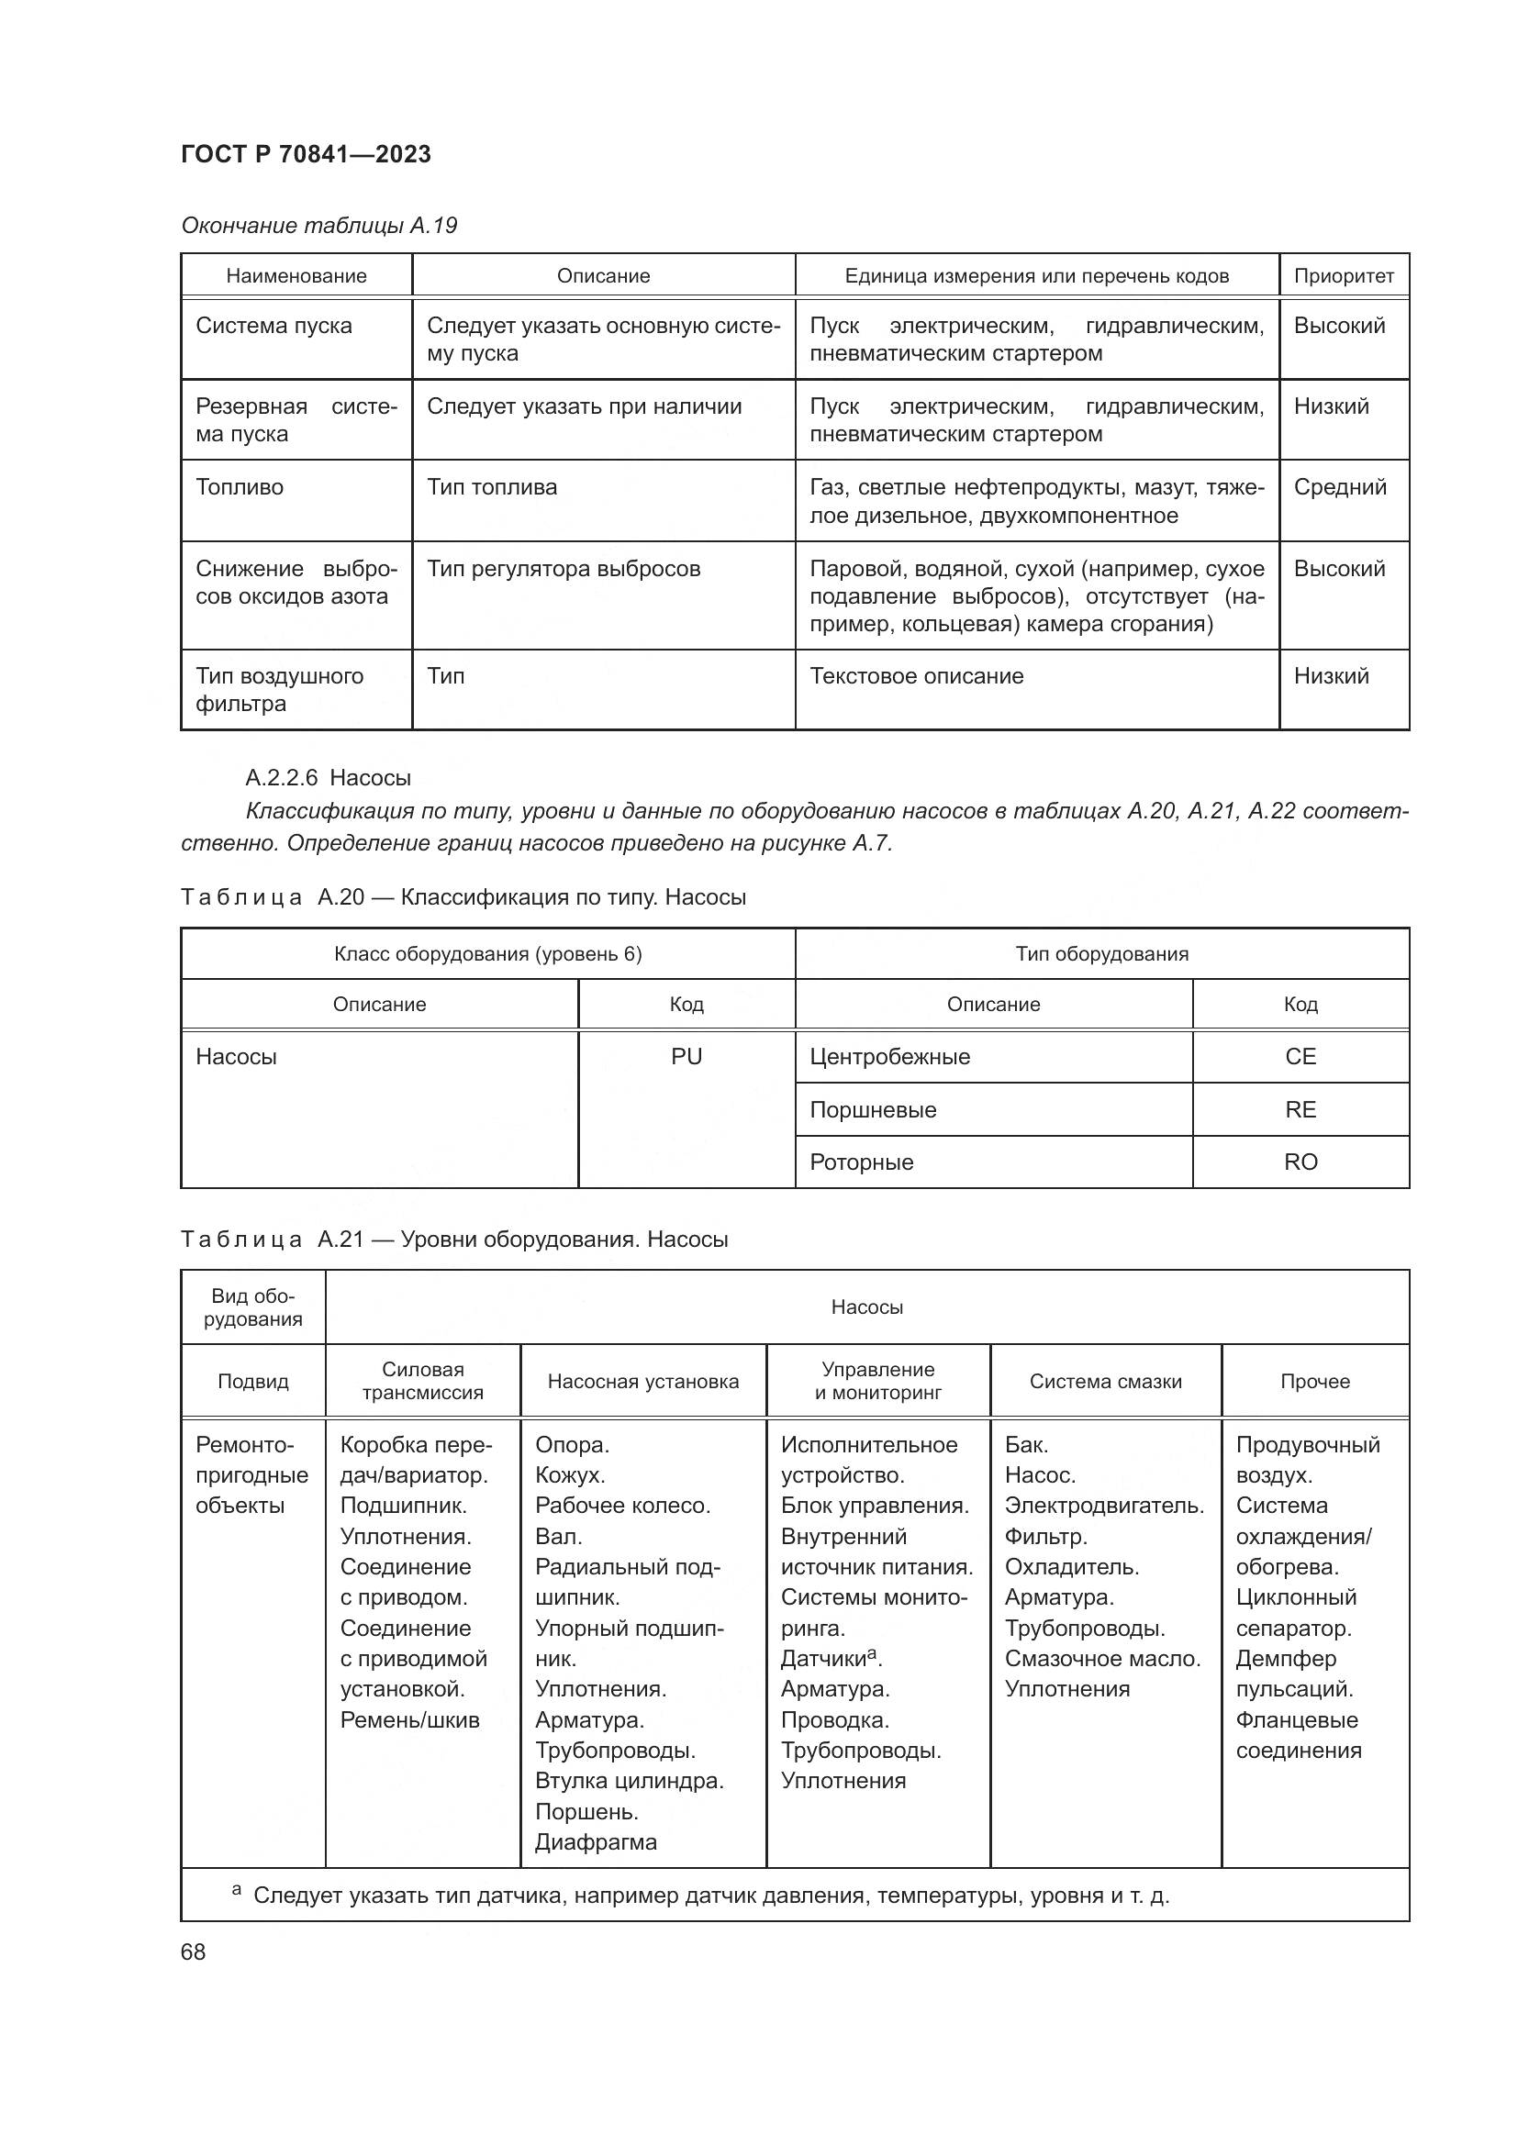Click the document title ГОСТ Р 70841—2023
click(306, 154)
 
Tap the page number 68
click(194, 1951)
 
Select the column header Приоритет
click(1344, 276)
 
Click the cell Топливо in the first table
click(240, 487)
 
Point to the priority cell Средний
click(1339, 487)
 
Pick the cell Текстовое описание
click(916, 676)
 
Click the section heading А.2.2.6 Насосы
click(328, 778)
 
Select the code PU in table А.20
click(686, 1056)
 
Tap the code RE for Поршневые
click(1300, 1109)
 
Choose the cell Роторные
click(861, 1162)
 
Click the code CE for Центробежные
click(1300, 1056)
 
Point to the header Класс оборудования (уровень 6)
click(488, 953)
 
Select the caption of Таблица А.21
click(454, 1240)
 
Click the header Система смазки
click(1106, 1381)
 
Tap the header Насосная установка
click(643, 1381)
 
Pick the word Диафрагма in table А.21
click(596, 1842)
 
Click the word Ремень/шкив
click(409, 1719)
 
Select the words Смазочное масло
click(1102, 1659)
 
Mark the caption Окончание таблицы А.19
click(318, 226)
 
